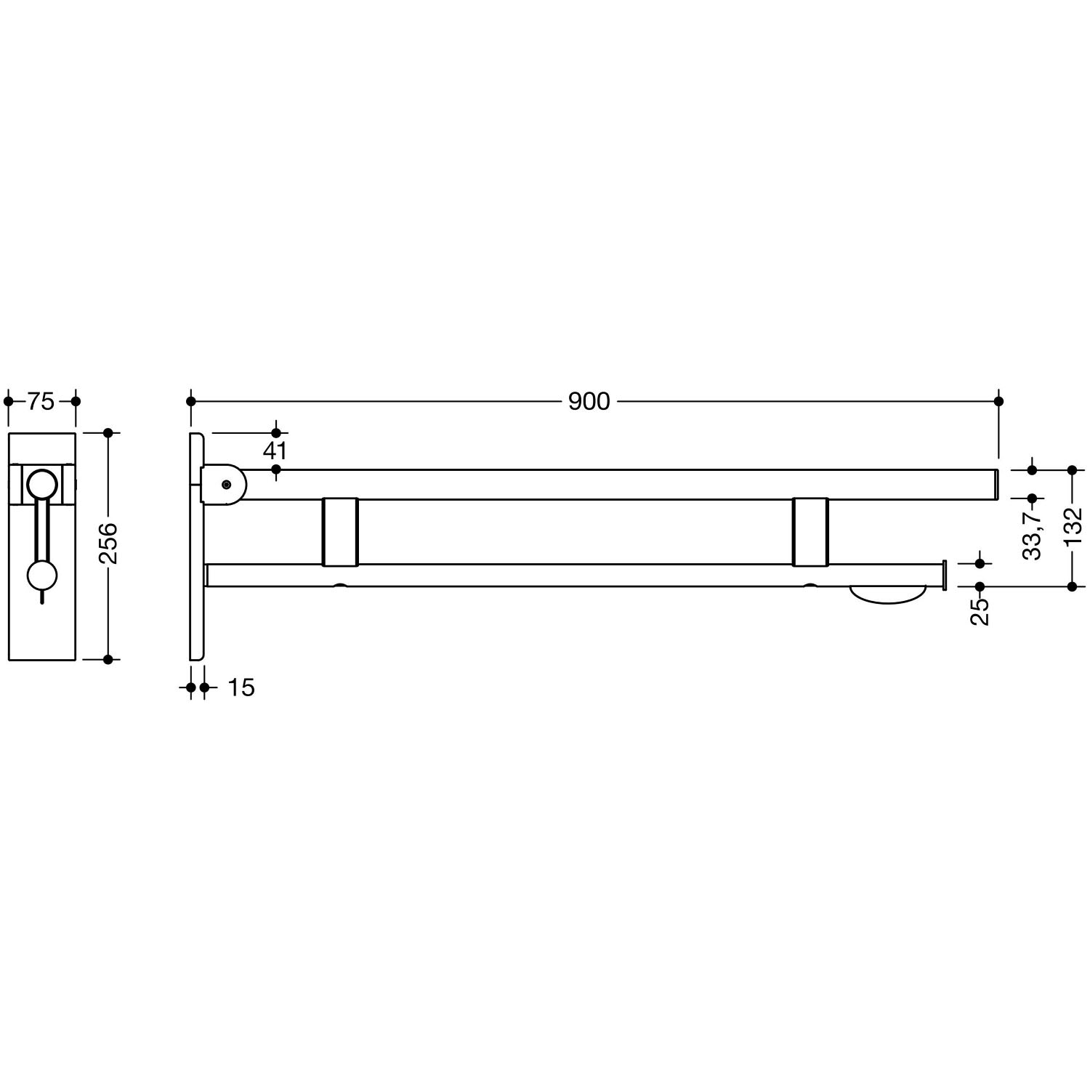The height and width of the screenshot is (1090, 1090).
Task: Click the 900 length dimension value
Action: tap(589, 401)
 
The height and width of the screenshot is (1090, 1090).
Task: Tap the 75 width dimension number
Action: tap(41, 401)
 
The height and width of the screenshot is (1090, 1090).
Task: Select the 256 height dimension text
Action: tap(108, 543)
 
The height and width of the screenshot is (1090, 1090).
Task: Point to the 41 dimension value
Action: tap(275, 451)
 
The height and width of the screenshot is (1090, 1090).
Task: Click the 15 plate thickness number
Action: tap(241, 687)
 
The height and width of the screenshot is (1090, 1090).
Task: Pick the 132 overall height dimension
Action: tap(1073, 526)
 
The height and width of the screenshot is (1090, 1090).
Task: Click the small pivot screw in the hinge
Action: tap(227, 484)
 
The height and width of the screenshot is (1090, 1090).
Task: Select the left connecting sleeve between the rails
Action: tap(340, 532)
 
